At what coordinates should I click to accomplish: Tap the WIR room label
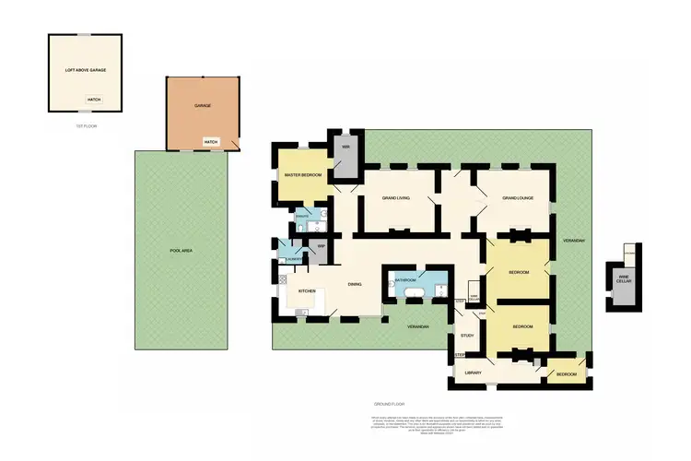tap(345, 148)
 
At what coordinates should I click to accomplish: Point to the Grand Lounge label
tap(518, 197)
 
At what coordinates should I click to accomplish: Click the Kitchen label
tap(307, 291)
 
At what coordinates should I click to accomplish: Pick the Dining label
tap(354, 284)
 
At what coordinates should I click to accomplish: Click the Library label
tap(474, 372)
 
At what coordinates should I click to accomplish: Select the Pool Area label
tap(181, 250)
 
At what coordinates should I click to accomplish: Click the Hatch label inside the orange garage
tap(211, 141)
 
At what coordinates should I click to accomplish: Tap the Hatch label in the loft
tap(93, 99)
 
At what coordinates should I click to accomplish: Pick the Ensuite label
tap(302, 216)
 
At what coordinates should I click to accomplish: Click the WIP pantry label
tap(322, 246)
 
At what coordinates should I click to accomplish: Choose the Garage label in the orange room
tap(203, 105)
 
